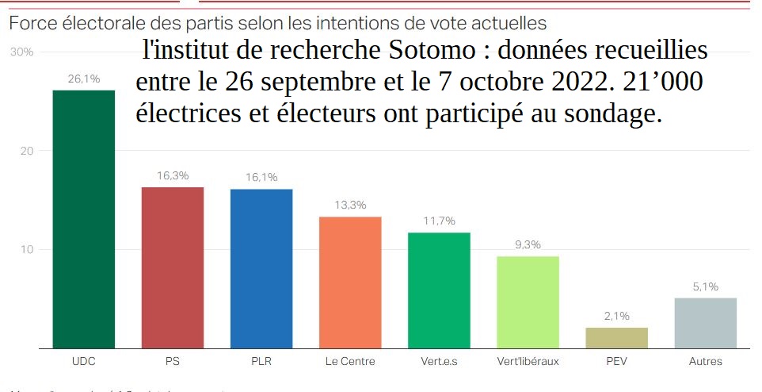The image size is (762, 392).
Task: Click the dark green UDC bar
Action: coord(83,219)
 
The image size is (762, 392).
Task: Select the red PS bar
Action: coord(172,267)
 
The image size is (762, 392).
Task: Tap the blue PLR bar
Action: coord(261,268)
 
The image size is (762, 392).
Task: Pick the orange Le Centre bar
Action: coord(350,282)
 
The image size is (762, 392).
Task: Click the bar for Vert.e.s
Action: coord(439,290)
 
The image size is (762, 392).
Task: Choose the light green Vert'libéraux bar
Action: coord(528,302)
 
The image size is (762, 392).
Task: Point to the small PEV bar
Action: coord(616,337)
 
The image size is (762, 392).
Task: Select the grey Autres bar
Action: coord(705,322)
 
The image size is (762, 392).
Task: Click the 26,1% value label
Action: coord(83,79)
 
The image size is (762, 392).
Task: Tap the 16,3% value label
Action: coord(172,175)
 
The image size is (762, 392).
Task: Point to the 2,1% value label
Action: coord(616,316)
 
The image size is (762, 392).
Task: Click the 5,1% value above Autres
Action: coord(705,286)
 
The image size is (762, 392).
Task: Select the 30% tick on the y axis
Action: coord(21,52)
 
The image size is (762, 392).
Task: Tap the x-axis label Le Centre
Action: coord(350,362)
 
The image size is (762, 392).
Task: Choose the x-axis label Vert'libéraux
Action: coord(528,362)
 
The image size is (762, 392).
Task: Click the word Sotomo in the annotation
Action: coord(432,52)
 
